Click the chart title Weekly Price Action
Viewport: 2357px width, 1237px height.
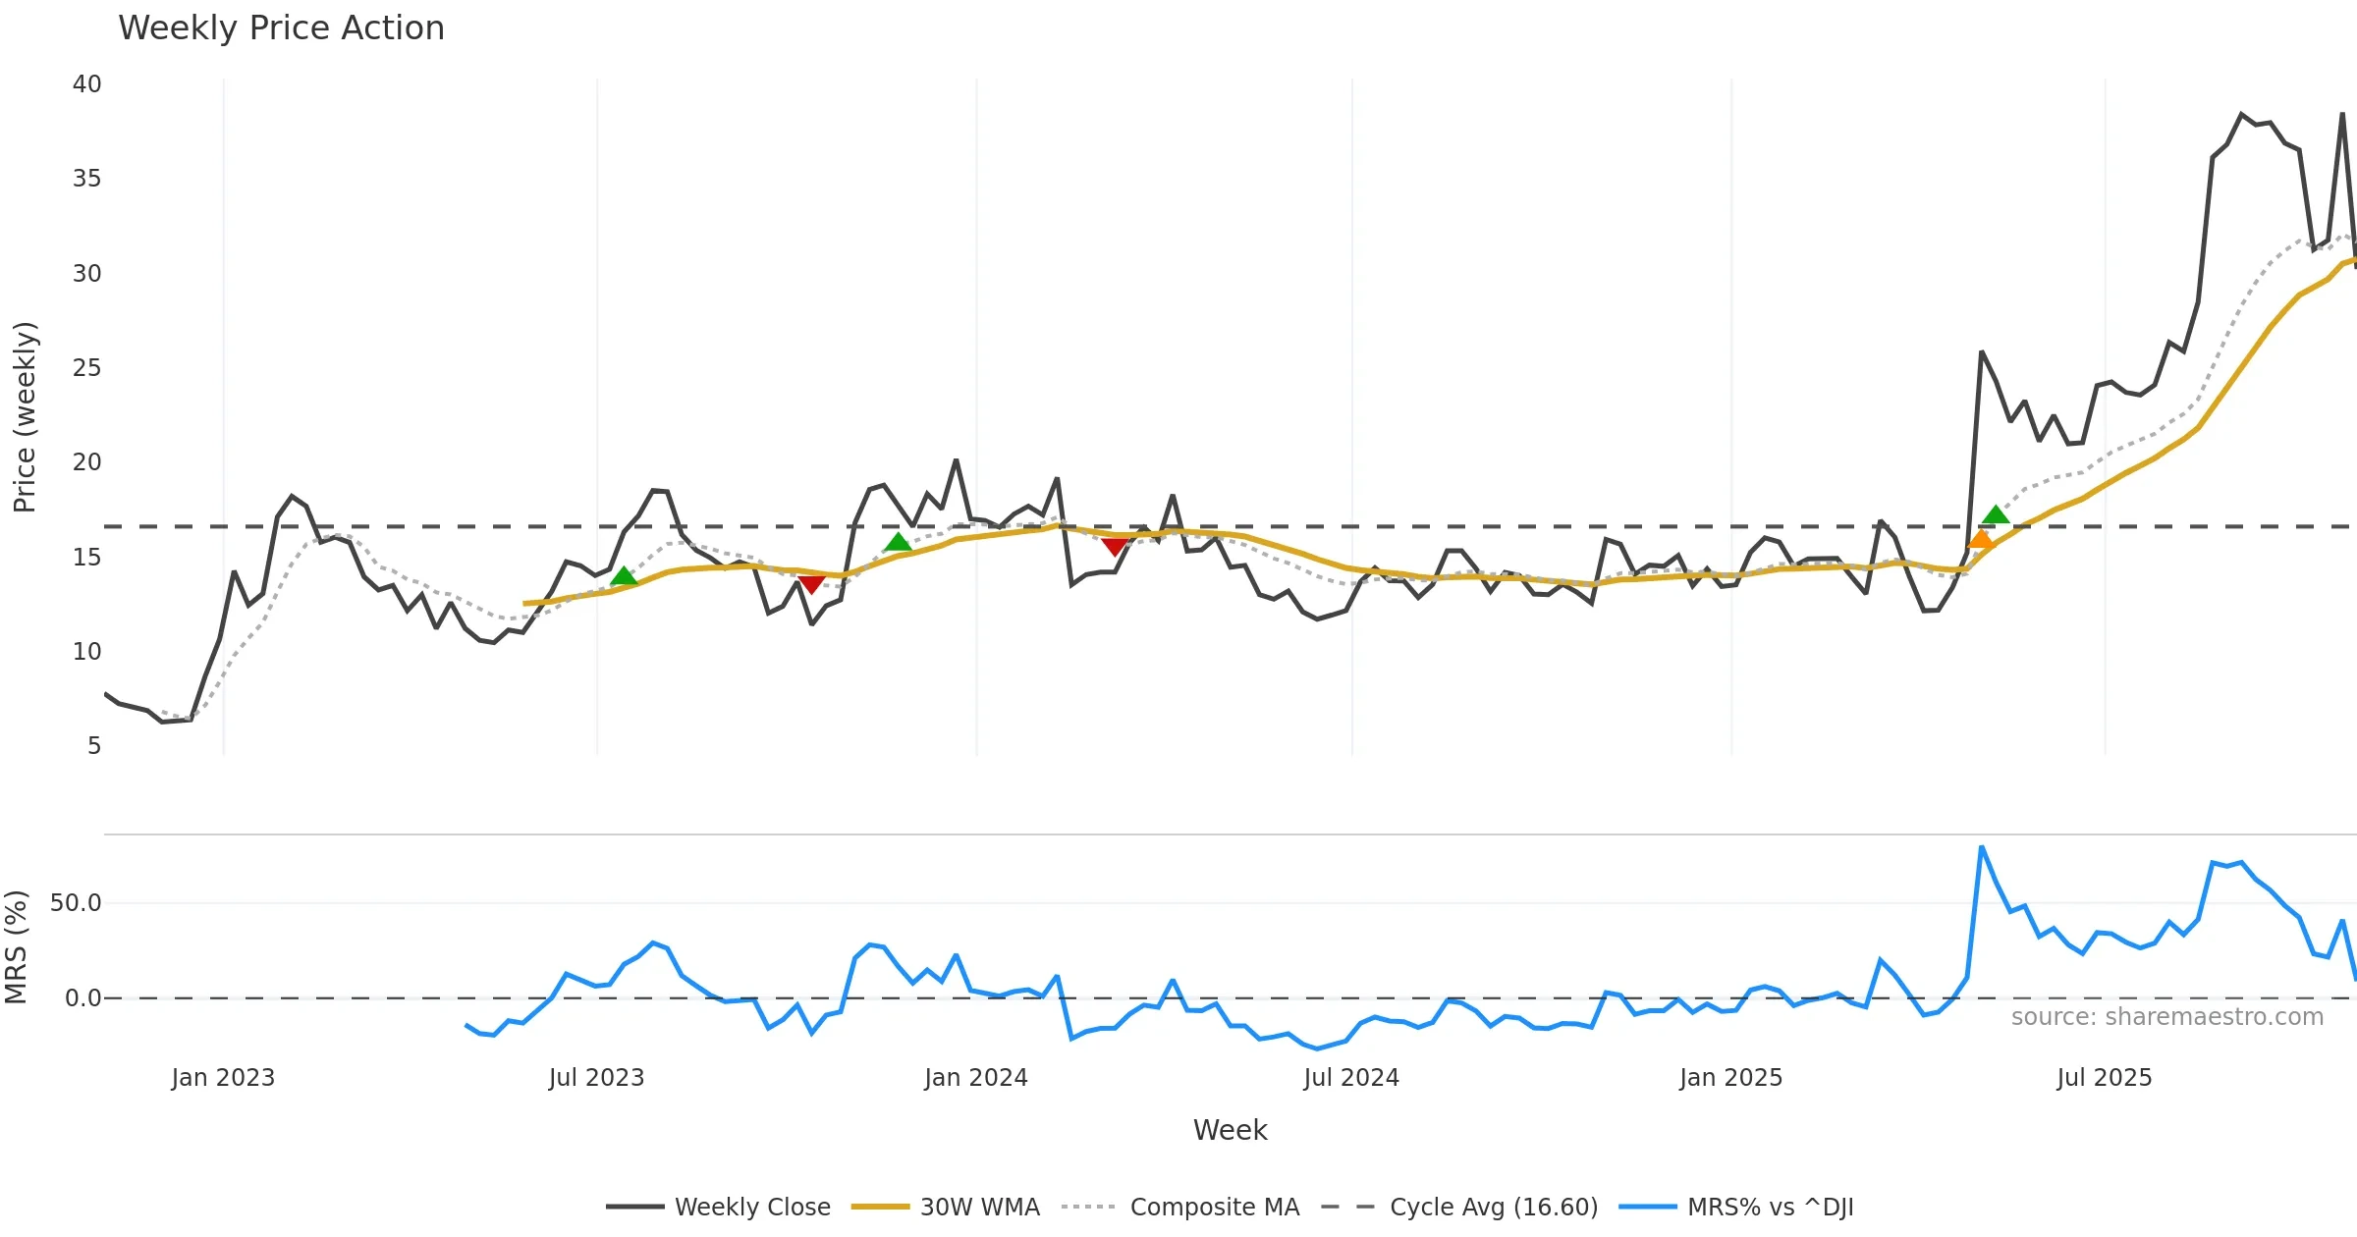tap(281, 28)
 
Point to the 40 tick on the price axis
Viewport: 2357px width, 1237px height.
tap(86, 84)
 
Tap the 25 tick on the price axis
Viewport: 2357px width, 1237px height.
tap(86, 368)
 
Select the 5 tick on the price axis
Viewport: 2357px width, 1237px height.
tap(93, 746)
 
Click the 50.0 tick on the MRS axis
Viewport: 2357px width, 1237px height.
tap(76, 903)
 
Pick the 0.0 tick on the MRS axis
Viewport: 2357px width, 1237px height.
tap(82, 998)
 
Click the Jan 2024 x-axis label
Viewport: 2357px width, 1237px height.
tap(975, 1078)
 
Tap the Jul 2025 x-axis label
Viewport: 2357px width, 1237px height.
tap(2104, 1078)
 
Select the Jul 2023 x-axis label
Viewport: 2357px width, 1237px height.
tap(596, 1078)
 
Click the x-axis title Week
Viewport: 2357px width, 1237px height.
tap(1230, 1131)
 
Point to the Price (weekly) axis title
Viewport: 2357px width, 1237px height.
tap(25, 417)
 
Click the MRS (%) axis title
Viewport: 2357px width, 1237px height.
tap(16, 947)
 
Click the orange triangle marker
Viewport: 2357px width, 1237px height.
tap(1981, 539)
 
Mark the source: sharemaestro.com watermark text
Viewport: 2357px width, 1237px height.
tap(2166, 1017)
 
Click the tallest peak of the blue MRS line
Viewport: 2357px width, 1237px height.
tap(1982, 847)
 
